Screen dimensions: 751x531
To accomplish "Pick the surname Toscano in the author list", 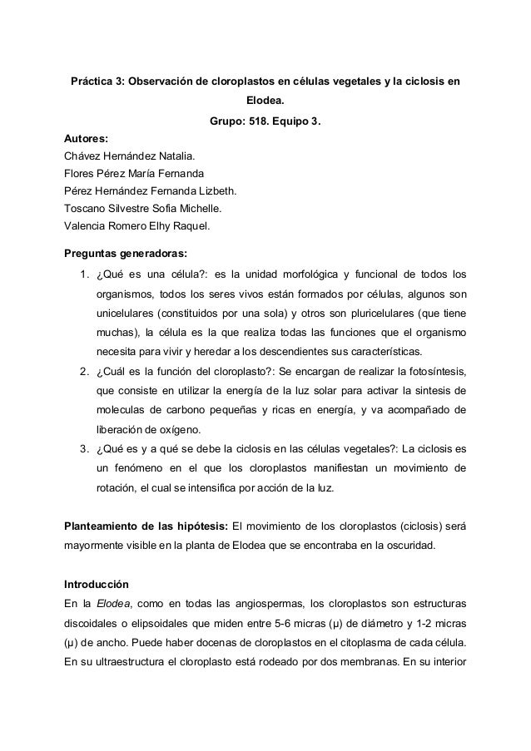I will (x=87, y=208).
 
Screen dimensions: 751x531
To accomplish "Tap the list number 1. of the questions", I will (x=83, y=275).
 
